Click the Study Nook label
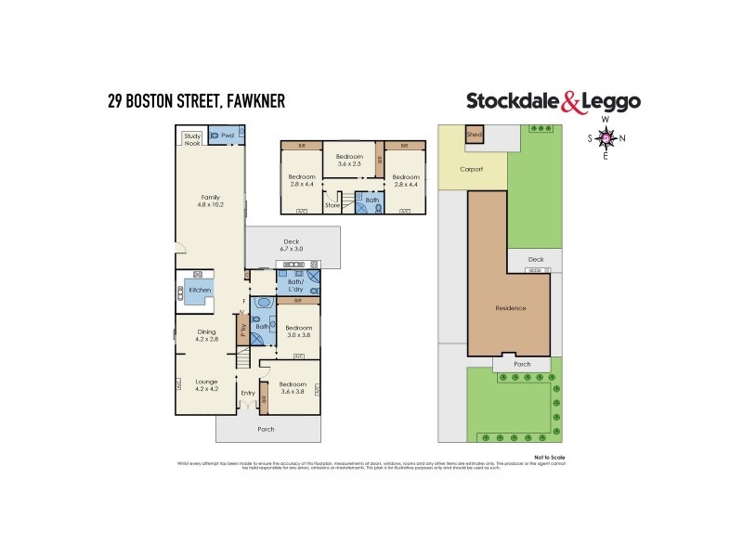pos(192,139)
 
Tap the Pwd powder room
pos(227,136)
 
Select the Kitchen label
pos(200,291)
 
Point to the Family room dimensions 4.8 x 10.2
pos(211,205)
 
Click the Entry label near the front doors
pos(247,393)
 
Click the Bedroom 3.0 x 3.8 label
pos(298,331)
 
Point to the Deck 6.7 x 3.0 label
pos(292,245)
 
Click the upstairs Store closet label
pos(332,204)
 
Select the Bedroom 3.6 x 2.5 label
pos(348,160)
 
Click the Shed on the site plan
pos(474,135)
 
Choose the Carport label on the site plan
pos(472,170)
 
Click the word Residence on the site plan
pos(510,308)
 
